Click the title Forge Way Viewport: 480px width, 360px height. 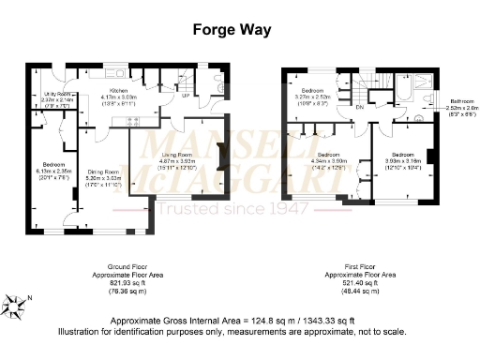[232, 29]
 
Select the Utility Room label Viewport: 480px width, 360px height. [53, 95]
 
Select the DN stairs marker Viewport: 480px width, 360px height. [359, 107]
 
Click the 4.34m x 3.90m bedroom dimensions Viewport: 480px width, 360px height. [328, 160]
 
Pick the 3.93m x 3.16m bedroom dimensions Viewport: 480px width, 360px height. [404, 159]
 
